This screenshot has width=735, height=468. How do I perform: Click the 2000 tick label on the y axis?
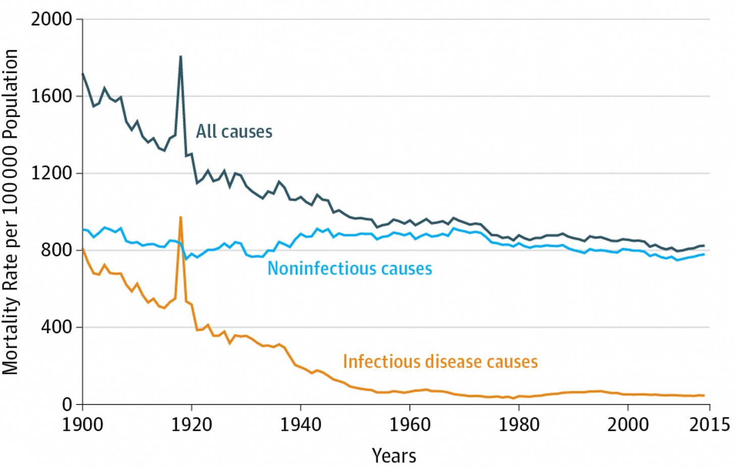click(x=51, y=19)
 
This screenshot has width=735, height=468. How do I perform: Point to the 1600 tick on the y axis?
click(x=51, y=96)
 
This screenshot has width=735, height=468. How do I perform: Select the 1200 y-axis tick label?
click(x=51, y=173)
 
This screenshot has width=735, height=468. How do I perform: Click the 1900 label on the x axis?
click(x=82, y=424)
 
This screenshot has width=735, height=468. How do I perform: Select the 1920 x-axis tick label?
click(x=191, y=424)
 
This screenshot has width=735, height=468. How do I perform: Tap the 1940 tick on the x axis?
click(x=300, y=424)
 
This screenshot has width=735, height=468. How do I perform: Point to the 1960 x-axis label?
click(x=409, y=424)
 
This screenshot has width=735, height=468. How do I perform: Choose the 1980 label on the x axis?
click(x=518, y=424)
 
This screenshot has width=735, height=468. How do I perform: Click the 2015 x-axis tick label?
click(x=709, y=424)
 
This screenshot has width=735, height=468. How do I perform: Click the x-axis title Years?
click(x=394, y=455)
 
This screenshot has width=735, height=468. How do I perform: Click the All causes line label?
click(x=234, y=132)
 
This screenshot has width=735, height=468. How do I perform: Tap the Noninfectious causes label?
click(x=349, y=269)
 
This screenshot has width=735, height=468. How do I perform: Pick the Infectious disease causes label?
click(x=440, y=361)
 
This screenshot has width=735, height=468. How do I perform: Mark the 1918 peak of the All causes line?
click(x=180, y=57)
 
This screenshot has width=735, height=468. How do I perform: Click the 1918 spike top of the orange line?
click(x=180, y=218)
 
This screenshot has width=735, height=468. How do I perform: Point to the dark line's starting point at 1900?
click(x=83, y=74)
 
